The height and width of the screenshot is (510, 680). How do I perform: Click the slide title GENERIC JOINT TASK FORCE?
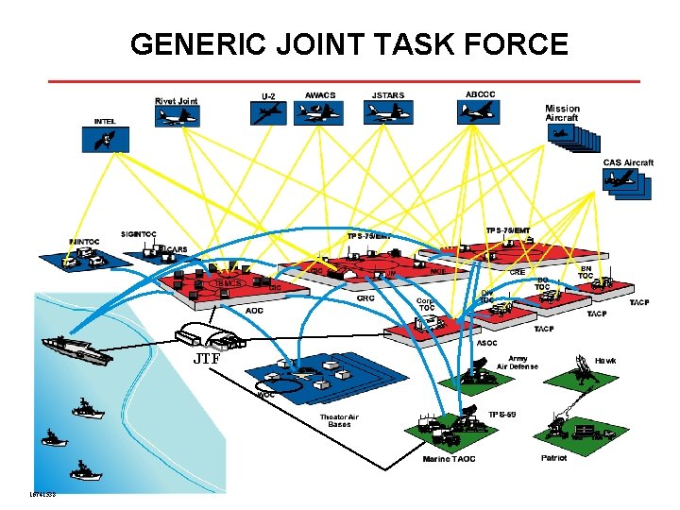click(x=349, y=43)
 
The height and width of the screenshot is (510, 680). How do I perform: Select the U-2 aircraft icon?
click(x=267, y=112)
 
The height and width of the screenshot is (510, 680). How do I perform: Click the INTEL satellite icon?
click(x=106, y=139)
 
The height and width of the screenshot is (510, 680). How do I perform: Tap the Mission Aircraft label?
click(x=562, y=112)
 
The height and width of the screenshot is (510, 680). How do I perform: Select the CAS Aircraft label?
click(x=628, y=162)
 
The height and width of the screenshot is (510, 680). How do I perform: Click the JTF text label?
click(x=207, y=360)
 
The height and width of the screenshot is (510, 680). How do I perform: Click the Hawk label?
click(x=605, y=360)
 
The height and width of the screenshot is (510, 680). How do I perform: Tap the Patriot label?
click(x=554, y=458)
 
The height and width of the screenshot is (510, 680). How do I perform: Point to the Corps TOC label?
click(x=426, y=304)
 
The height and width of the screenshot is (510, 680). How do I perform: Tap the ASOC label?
click(x=487, y=343)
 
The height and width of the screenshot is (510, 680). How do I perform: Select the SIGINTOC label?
click(x=138, y=233)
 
